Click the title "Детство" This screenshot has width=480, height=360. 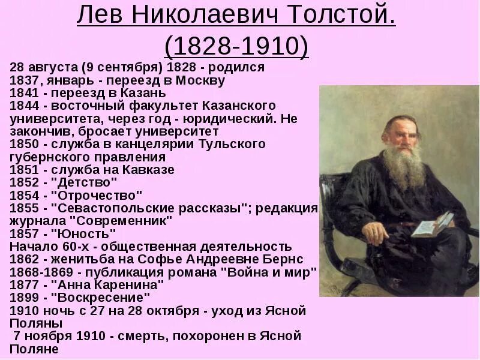(x=85, y=182)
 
